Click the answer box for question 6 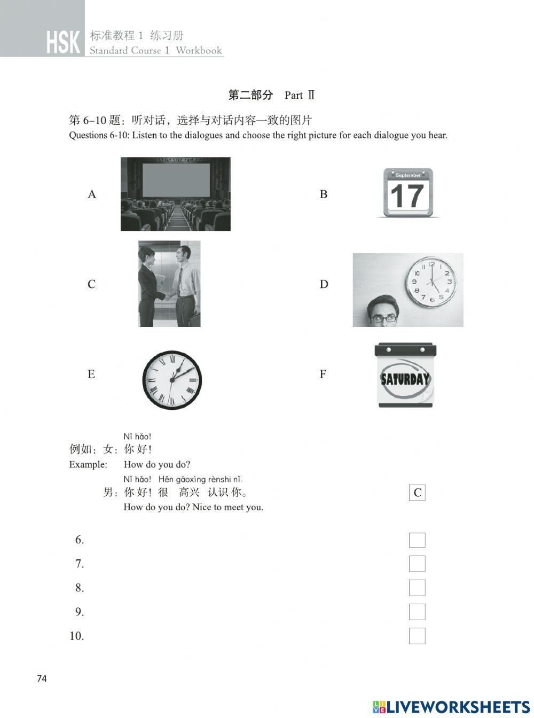point(417,540)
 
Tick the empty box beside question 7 point(417,564)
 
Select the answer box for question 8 point(417,588)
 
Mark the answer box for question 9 point(417,612)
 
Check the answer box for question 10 point(417,636)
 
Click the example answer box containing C point(417,493)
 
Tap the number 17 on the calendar point(407,196)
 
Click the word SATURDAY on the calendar point(405,379)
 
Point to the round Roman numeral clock point(172,380)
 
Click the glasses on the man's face point(384,318)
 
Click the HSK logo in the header point(63,43)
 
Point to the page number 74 point(42,679)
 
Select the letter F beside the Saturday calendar point(323,374)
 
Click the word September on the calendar point(408,175)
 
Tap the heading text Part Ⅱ point(300,96)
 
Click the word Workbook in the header point(199,51)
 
